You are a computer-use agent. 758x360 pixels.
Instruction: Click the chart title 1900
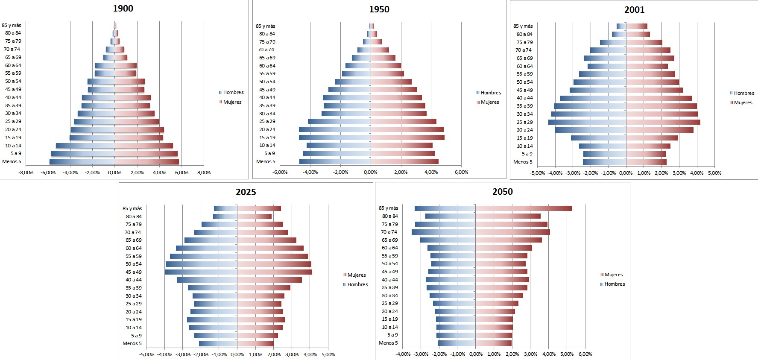[123, 9]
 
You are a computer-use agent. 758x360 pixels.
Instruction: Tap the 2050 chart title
[503, 192]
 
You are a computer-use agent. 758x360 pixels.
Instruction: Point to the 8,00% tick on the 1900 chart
[204, 173]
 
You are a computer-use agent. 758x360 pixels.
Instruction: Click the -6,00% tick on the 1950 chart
[280, 172]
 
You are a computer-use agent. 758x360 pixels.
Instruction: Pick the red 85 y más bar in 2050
[524, 208]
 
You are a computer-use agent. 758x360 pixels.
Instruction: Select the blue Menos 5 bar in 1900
[82, 162]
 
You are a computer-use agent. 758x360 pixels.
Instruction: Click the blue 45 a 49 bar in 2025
[201, 272]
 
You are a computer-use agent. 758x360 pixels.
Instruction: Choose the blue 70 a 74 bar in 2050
[444, 232]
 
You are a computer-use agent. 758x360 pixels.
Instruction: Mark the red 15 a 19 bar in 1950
[407, 138]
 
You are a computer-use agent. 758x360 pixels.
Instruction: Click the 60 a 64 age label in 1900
[13, 65]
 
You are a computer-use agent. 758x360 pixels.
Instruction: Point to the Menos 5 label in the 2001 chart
[523, 162]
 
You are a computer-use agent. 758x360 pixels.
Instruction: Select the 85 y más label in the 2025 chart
[132, 208]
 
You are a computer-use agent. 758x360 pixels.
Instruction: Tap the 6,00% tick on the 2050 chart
[585, 354]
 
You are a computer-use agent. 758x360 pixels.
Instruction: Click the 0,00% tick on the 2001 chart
[626, 173]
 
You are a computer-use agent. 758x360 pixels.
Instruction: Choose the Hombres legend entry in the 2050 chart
[615, 284]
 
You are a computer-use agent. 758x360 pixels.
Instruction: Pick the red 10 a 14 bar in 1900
[143, 146]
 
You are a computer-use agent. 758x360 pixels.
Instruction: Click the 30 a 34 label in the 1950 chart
[267, 114]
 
